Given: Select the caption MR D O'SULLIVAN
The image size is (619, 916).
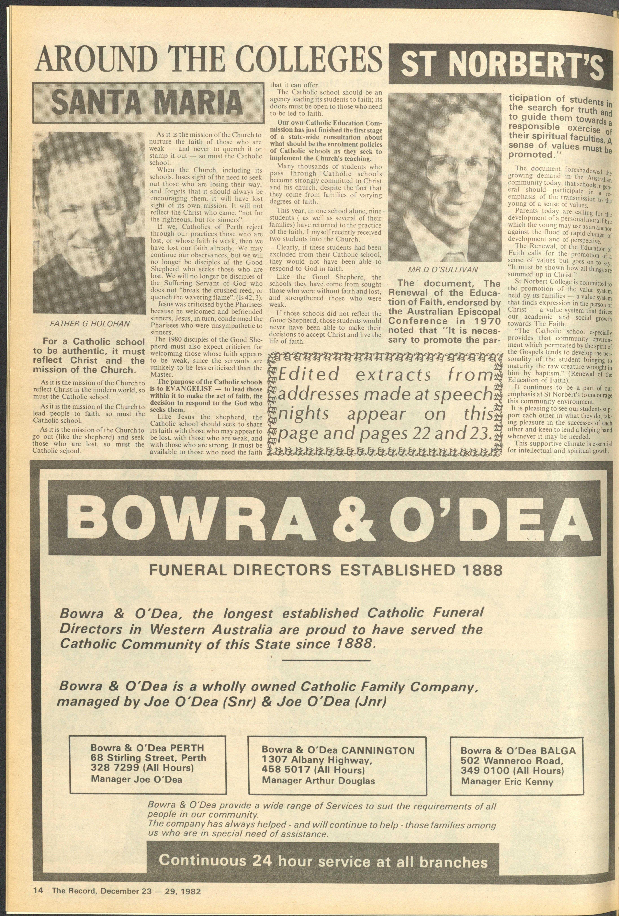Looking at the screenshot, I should [x=444, y=270].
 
